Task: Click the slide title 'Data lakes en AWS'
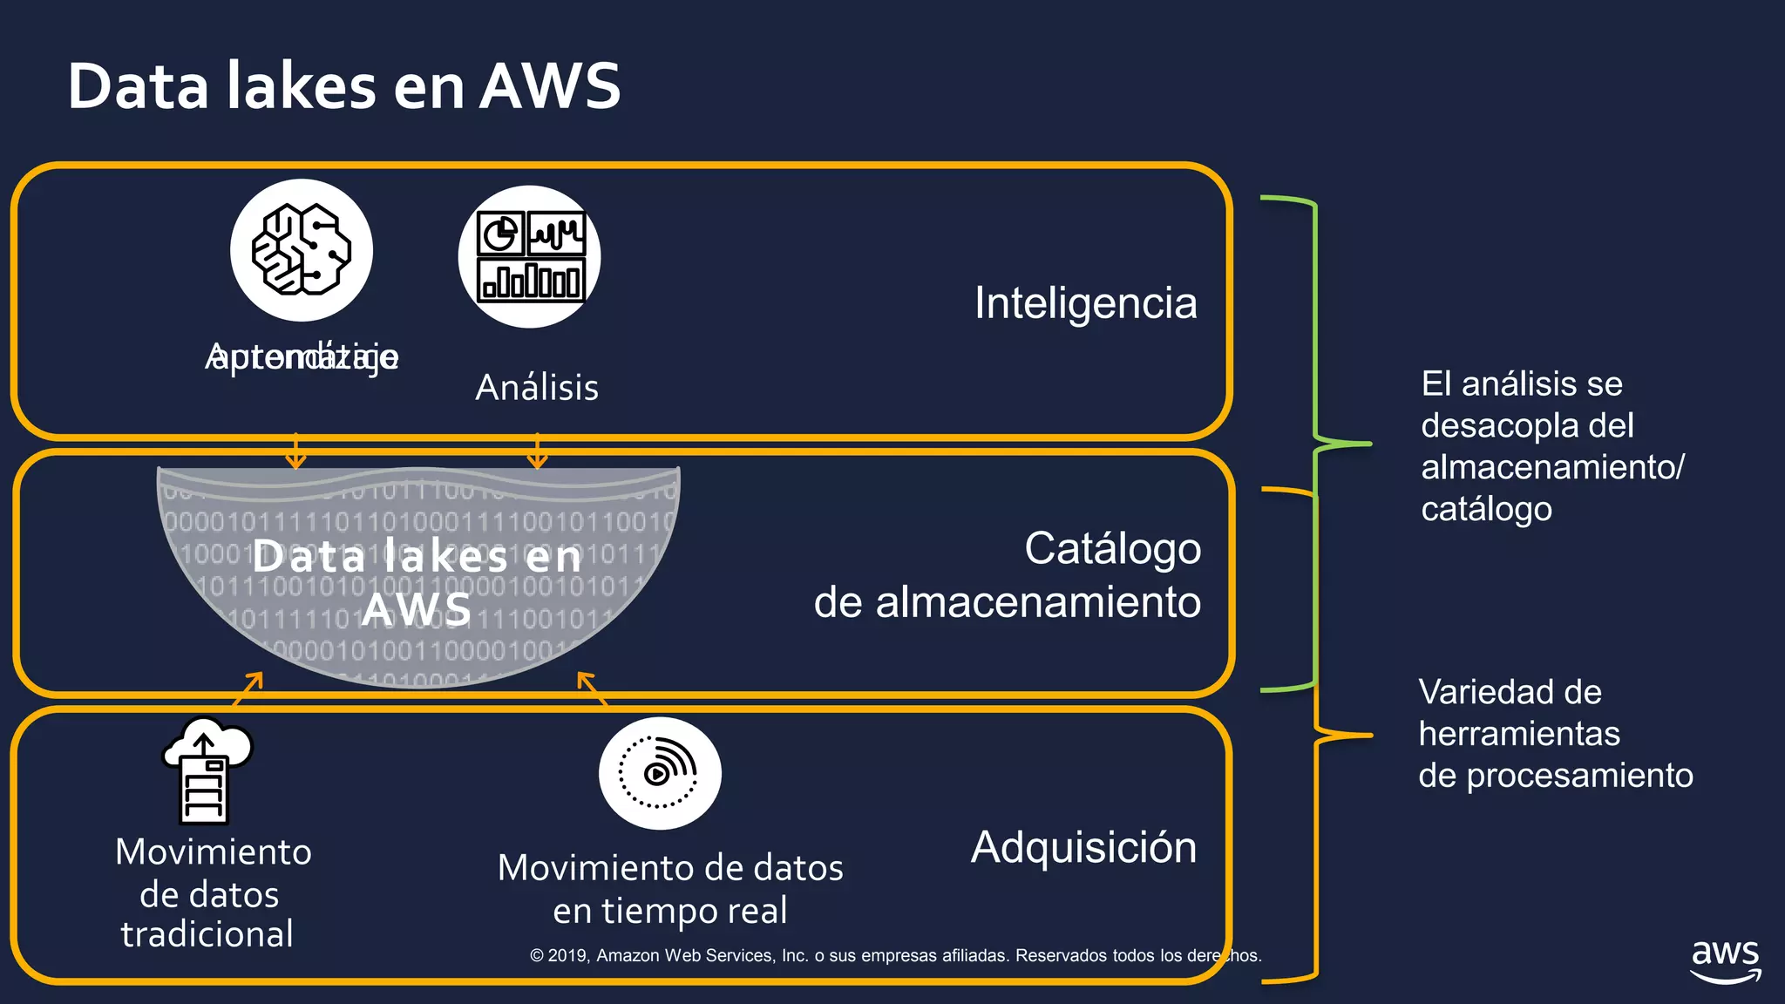(344, 86)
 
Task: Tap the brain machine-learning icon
(302, 250)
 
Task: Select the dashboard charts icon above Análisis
(530, 257)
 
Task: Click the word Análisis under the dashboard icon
(537, 388)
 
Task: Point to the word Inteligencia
(1085, 303)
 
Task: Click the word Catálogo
(1112, 549)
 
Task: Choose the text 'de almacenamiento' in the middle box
(1007, 602)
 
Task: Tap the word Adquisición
(1083, 847)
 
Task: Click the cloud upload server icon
(207, 770)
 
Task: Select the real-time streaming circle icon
(660, 773)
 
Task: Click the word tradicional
(207, 934)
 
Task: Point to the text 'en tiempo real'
(669, 911)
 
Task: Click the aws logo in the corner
(1725, 960)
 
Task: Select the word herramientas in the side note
(1519, 734)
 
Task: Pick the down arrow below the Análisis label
(537, 451)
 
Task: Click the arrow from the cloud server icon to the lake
(248, 689)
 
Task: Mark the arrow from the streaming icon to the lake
(592, 688)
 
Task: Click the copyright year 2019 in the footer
(567, 955)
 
